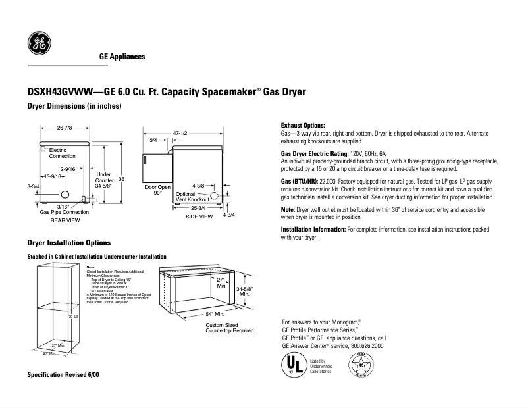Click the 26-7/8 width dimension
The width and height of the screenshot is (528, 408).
[x=64, y=127]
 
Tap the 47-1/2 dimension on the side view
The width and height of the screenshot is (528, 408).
[x=180, y=133]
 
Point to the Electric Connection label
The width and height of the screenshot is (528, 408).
[x=62, y=153]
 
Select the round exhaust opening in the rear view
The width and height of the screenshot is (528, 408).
[x=65, y=195]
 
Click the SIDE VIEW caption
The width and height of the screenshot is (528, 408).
[x=199, y=216]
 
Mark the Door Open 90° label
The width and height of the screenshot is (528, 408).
[x=157, y=190]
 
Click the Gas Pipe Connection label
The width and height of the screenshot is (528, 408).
[x=64, y=213]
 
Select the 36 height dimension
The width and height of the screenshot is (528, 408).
[x=121, y=180]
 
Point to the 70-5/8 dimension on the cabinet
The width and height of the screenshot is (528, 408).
[x=74, y=317]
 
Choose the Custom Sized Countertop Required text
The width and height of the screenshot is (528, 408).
[x=229, y=328]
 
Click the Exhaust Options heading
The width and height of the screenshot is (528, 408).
[x=303, y=125]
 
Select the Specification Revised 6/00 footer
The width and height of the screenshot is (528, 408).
[x=63, y=374]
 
